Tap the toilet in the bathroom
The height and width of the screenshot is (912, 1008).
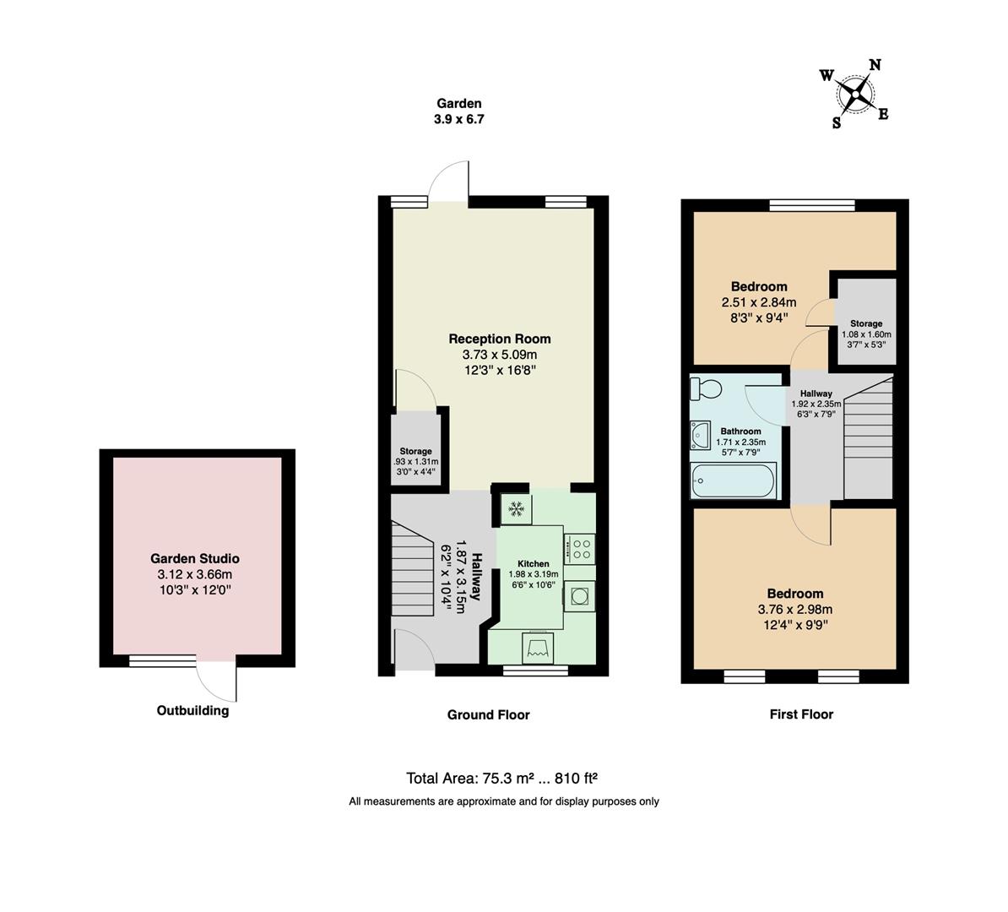705,388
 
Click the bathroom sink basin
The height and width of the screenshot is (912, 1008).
701,436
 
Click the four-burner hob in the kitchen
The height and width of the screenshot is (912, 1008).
580,549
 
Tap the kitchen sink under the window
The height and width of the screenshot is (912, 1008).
538,648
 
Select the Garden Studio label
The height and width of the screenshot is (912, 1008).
194,558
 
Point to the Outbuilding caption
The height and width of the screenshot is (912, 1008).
192,710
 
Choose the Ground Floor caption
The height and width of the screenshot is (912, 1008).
488,714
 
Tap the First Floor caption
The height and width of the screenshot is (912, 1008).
800,714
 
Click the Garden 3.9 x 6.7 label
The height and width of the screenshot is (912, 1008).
458,111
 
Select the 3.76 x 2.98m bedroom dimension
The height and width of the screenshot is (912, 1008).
794,610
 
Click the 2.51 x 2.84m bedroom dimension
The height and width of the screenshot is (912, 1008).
758,302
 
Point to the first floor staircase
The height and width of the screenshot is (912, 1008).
868,439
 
